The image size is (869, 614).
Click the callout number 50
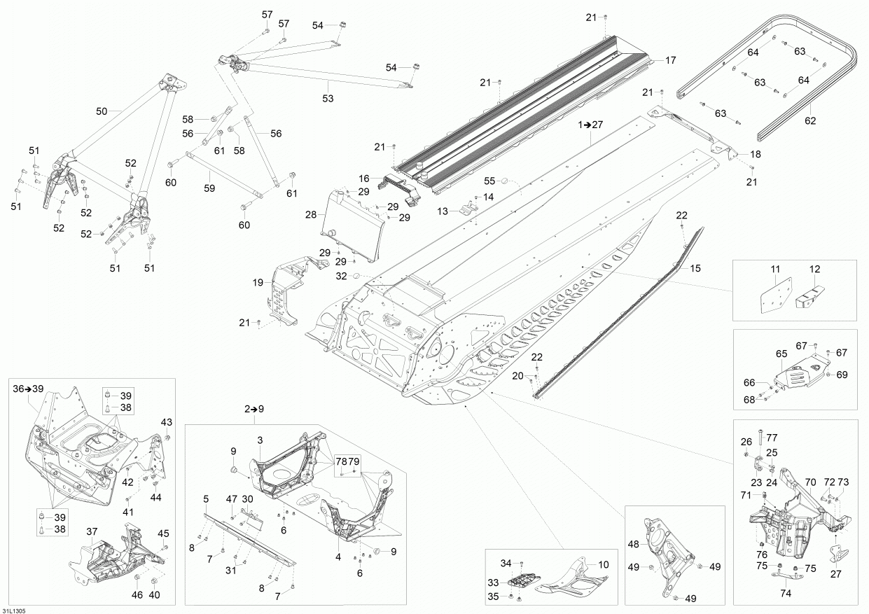tap(102, 111)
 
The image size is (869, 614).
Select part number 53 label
tap(328, 98)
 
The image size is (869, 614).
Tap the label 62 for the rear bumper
tap(810, 120)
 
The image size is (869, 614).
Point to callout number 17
tap(670, 60)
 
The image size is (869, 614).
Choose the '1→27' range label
tap(590, 125)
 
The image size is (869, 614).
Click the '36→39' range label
tap(28, 388)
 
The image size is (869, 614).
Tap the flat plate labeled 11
tap(776, 294)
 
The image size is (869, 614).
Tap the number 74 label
tap(785, 592)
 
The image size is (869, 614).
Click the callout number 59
tap(209, 188)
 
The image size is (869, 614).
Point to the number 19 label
tap(258, 283)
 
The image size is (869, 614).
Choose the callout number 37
tap(92, 531)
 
